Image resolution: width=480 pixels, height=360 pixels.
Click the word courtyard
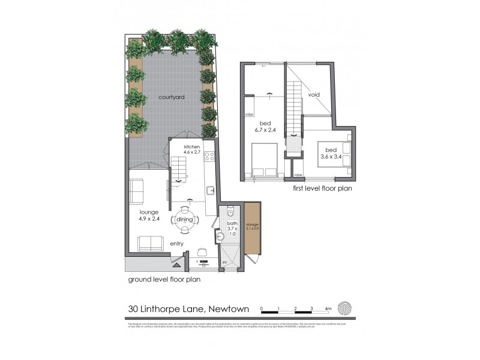coord(171,97)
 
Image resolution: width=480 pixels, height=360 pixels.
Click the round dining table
coord(184,220)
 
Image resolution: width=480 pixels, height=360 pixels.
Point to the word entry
coord(176,243)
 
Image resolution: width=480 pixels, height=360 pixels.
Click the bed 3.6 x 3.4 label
coord(331,153)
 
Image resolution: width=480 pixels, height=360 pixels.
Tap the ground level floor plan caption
coord(164,279)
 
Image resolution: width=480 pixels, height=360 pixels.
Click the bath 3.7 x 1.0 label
coord(232,229)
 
